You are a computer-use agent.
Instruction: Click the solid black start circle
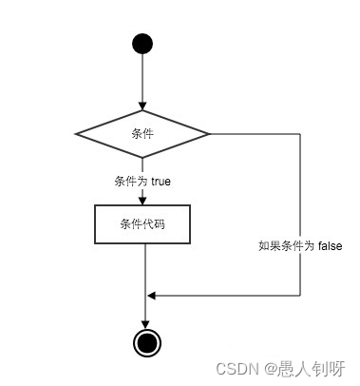tap(142, 44)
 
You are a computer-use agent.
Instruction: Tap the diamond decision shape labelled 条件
tap(142, 134)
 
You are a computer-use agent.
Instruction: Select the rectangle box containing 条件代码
tap(142, 224)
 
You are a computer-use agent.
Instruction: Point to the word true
tap(160, 181)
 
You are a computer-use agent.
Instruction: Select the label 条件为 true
tap(142, 181)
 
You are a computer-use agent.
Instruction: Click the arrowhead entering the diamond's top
tap(142, 106)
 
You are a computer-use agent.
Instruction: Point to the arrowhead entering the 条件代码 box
tap(142, 200)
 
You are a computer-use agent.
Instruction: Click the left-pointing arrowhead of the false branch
tap(151, 295)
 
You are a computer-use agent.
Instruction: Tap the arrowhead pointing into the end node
tap(144, 323)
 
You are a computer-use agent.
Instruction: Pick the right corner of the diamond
tap(209, 134)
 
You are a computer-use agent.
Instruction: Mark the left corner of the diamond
tap(76, 134)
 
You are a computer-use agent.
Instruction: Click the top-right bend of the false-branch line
tap(300, 134)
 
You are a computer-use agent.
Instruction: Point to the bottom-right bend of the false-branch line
tap(300, 295)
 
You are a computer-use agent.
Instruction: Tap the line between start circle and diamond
tap(142, 81)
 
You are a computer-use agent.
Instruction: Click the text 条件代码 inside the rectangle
tap(142, 224)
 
